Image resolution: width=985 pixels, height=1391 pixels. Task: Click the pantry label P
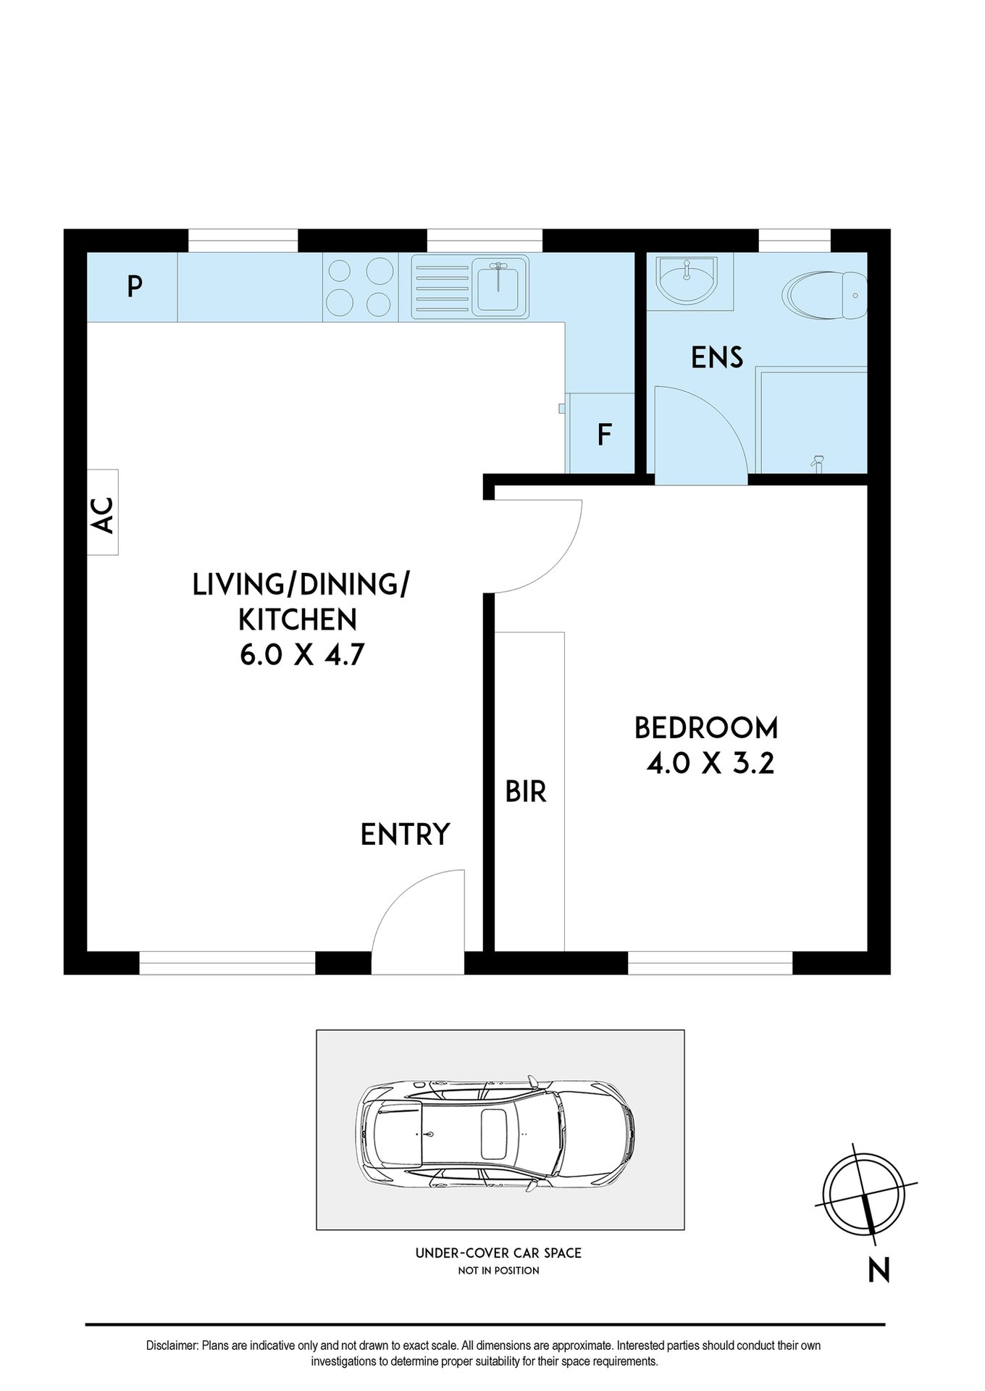pos(133,288)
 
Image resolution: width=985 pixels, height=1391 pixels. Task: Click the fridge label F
pos(604,435)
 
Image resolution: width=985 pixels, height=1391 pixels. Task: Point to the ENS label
pos(716,358)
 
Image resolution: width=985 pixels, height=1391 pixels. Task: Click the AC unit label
pos(104,514)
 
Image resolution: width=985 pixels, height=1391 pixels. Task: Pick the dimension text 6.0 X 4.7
pos(301,656)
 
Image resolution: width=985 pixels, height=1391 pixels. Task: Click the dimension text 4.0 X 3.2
pos(710,764)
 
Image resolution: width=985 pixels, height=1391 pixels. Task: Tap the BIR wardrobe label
pos(526,792)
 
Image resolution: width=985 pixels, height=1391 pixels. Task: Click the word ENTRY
pos(405,835)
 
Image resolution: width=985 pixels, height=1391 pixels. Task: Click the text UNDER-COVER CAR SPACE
pos(498,1253)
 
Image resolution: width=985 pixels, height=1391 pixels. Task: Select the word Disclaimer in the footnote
pos(172,1345)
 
